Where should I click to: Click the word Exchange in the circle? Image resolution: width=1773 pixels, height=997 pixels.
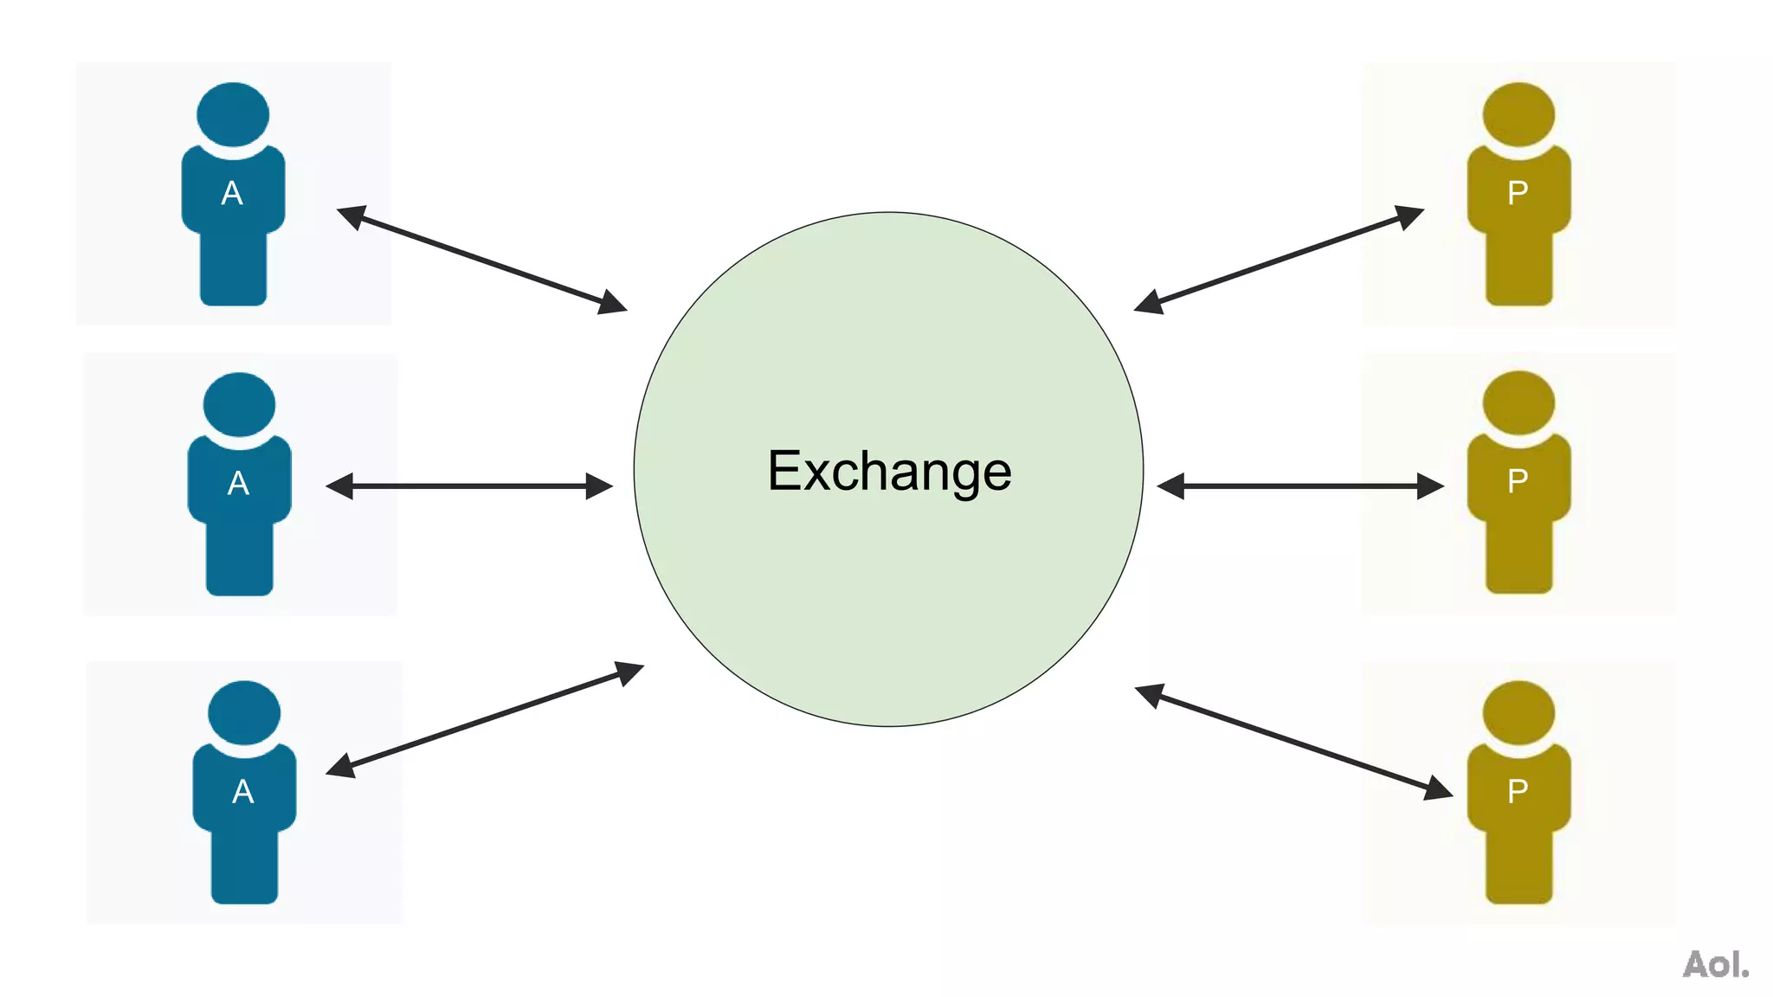889,472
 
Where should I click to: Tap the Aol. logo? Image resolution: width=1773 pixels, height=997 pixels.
1715,964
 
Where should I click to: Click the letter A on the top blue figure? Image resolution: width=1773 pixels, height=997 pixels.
232,193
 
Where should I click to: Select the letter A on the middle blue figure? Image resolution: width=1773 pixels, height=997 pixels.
238,483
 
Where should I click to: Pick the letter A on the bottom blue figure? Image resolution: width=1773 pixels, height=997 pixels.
243,791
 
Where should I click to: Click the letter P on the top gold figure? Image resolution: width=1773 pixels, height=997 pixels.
1518,193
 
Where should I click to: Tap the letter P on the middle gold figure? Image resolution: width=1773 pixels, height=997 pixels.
1518,481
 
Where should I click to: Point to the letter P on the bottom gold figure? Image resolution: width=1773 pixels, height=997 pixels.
1518,791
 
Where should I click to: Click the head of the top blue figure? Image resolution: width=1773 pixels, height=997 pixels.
233,114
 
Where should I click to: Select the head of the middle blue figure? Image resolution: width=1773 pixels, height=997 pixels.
239,404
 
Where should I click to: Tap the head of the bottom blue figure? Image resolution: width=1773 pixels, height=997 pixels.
244,712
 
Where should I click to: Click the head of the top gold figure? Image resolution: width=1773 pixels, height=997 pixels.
1518,114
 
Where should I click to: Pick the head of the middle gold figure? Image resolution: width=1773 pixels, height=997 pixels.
1518,402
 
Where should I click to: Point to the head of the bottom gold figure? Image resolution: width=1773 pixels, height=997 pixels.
1518,712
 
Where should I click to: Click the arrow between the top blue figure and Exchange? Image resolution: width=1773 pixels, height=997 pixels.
481,260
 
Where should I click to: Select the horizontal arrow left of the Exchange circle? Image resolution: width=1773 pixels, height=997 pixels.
469,486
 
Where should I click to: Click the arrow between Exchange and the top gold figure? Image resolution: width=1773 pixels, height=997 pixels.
1279,260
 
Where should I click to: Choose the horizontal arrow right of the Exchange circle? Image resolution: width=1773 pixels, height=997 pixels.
1300,486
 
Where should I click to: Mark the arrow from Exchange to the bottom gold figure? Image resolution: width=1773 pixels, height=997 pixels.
1293,742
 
